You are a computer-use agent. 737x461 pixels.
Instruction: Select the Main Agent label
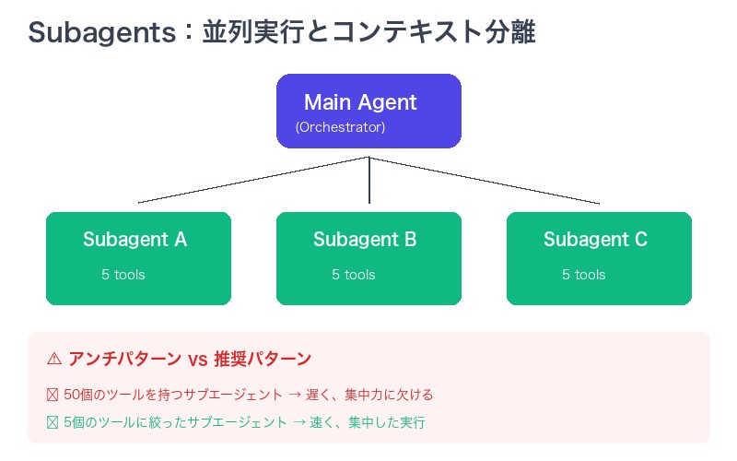360,102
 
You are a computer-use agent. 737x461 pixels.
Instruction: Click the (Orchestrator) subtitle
340,127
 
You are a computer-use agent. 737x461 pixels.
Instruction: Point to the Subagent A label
135,240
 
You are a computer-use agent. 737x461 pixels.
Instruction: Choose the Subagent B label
365,240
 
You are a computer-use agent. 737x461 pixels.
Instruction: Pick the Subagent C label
595,240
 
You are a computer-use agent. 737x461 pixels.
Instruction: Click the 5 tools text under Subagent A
123,275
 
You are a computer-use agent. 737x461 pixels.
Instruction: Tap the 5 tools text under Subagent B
354,275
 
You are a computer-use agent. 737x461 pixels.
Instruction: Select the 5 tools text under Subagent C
584,275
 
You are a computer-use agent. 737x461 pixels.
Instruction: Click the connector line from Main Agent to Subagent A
253,180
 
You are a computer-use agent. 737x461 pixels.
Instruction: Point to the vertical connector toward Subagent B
368,180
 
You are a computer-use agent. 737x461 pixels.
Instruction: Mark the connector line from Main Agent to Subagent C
484,180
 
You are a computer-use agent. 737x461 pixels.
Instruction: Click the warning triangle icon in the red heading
54,359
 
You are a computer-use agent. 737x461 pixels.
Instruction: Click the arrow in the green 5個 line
299,422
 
